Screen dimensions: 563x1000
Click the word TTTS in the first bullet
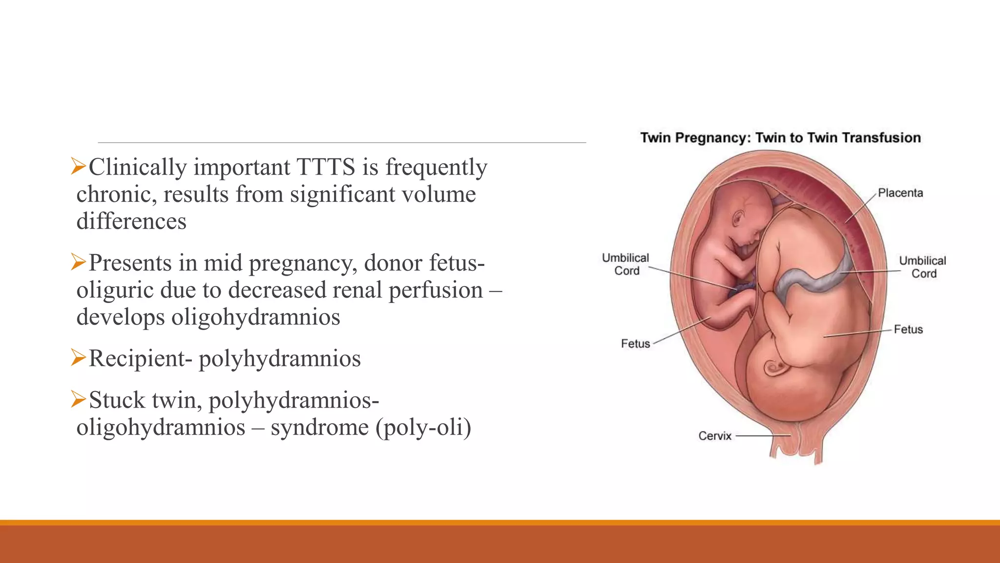point(325,168)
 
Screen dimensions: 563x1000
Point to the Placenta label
point(900,193)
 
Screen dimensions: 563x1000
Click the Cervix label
point(714,436)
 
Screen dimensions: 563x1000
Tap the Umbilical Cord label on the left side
point(625,264)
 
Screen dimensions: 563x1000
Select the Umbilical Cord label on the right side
point(922,267)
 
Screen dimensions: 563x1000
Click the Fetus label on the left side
point(635,344)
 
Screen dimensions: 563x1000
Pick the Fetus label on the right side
point(908,329)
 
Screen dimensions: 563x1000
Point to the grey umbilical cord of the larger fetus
point(811,280)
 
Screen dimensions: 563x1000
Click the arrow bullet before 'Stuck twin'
point(78,399)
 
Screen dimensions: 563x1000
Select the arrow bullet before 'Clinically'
point(78,166)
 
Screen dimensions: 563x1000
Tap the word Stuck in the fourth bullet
point(117,400)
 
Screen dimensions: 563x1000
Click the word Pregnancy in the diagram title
point(712,138)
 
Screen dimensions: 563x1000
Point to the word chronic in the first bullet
point(116,195)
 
